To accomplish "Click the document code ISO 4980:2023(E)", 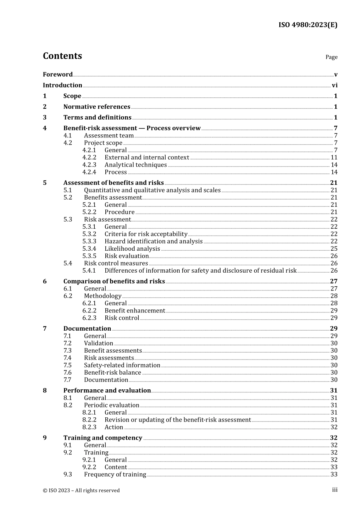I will (308, 25).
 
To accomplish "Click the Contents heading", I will (62, 56).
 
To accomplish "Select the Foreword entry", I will (58, 75).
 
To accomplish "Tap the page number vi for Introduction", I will (335, 86).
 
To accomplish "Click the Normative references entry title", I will (97, 107).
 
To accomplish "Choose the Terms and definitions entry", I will (97, 117).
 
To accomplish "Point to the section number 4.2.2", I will (89, 158).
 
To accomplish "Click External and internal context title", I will (147, 158).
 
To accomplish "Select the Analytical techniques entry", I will (136, 165).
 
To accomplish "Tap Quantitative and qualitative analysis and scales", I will (152, 190).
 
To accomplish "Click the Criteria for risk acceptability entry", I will (146, 234).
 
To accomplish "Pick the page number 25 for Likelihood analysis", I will (334, 249).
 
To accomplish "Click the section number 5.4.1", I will (89, 270).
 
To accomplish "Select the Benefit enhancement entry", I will (135, 311).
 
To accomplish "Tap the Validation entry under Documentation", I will (99, 343).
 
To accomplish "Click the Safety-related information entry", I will (122, 365).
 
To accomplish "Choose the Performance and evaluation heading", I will (107, 390).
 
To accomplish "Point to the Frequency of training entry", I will (115, 475).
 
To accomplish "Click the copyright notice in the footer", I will (81, 490).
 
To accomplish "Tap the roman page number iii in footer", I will (335, 490).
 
